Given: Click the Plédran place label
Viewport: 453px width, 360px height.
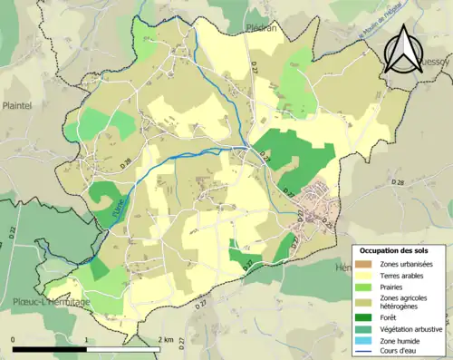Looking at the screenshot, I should pos(261,28).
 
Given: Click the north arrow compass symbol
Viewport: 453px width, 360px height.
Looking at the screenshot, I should pos(404,48).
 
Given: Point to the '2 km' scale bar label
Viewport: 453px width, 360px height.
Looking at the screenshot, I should pos(166,339).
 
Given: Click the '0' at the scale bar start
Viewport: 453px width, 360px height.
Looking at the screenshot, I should pos(14,339).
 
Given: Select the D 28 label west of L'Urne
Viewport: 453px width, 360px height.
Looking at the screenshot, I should pos(126,163).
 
